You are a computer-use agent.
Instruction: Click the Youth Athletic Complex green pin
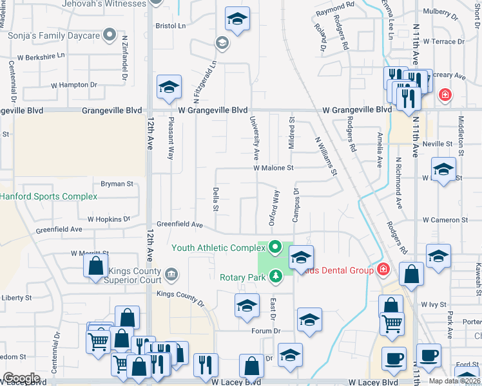(x=276, y=247)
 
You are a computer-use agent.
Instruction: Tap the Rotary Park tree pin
(x=276, y=276)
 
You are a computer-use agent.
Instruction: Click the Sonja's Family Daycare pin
(x=110, y=35)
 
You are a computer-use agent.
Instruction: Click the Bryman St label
(x=116, y=184)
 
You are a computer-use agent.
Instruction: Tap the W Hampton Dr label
(x=74, y=84)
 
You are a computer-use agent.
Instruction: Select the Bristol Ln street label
(x=170, y=26)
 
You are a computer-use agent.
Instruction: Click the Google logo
(x=21, y=379)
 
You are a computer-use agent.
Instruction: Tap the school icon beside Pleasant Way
(x=169, y=88)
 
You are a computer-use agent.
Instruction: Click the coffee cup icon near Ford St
(x=428, y=354)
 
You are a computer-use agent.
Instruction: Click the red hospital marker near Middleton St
(x=444, y=96)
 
